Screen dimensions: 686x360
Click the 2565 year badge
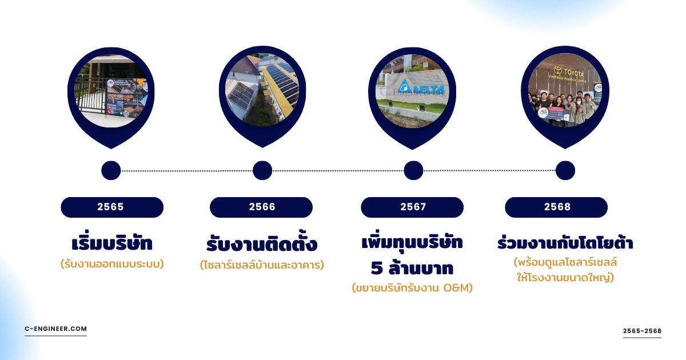(x=112, y=207)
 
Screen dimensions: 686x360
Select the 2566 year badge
(x=261, y=207)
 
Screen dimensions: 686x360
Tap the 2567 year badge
(x=412, y=207)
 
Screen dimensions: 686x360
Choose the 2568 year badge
(x=556, y=207)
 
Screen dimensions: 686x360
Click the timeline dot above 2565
(x=111, y=170)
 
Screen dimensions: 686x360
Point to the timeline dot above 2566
(x=262, y=170)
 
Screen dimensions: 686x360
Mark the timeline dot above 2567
(x=413, y=170)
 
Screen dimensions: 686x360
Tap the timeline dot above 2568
(x=565, y=170)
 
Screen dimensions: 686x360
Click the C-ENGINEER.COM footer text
(x=56, y=329)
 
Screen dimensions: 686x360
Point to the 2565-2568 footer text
(x=642, y=331)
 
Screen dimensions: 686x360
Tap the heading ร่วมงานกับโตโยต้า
(x=565, y=242)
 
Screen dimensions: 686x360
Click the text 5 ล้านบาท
(x=412, y=268)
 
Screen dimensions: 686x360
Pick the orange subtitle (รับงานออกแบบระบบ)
(x=112, y=264)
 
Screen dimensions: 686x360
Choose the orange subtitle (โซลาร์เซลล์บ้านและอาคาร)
(x=262, y=265)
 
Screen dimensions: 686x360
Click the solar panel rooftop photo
(x=262, y=90)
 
